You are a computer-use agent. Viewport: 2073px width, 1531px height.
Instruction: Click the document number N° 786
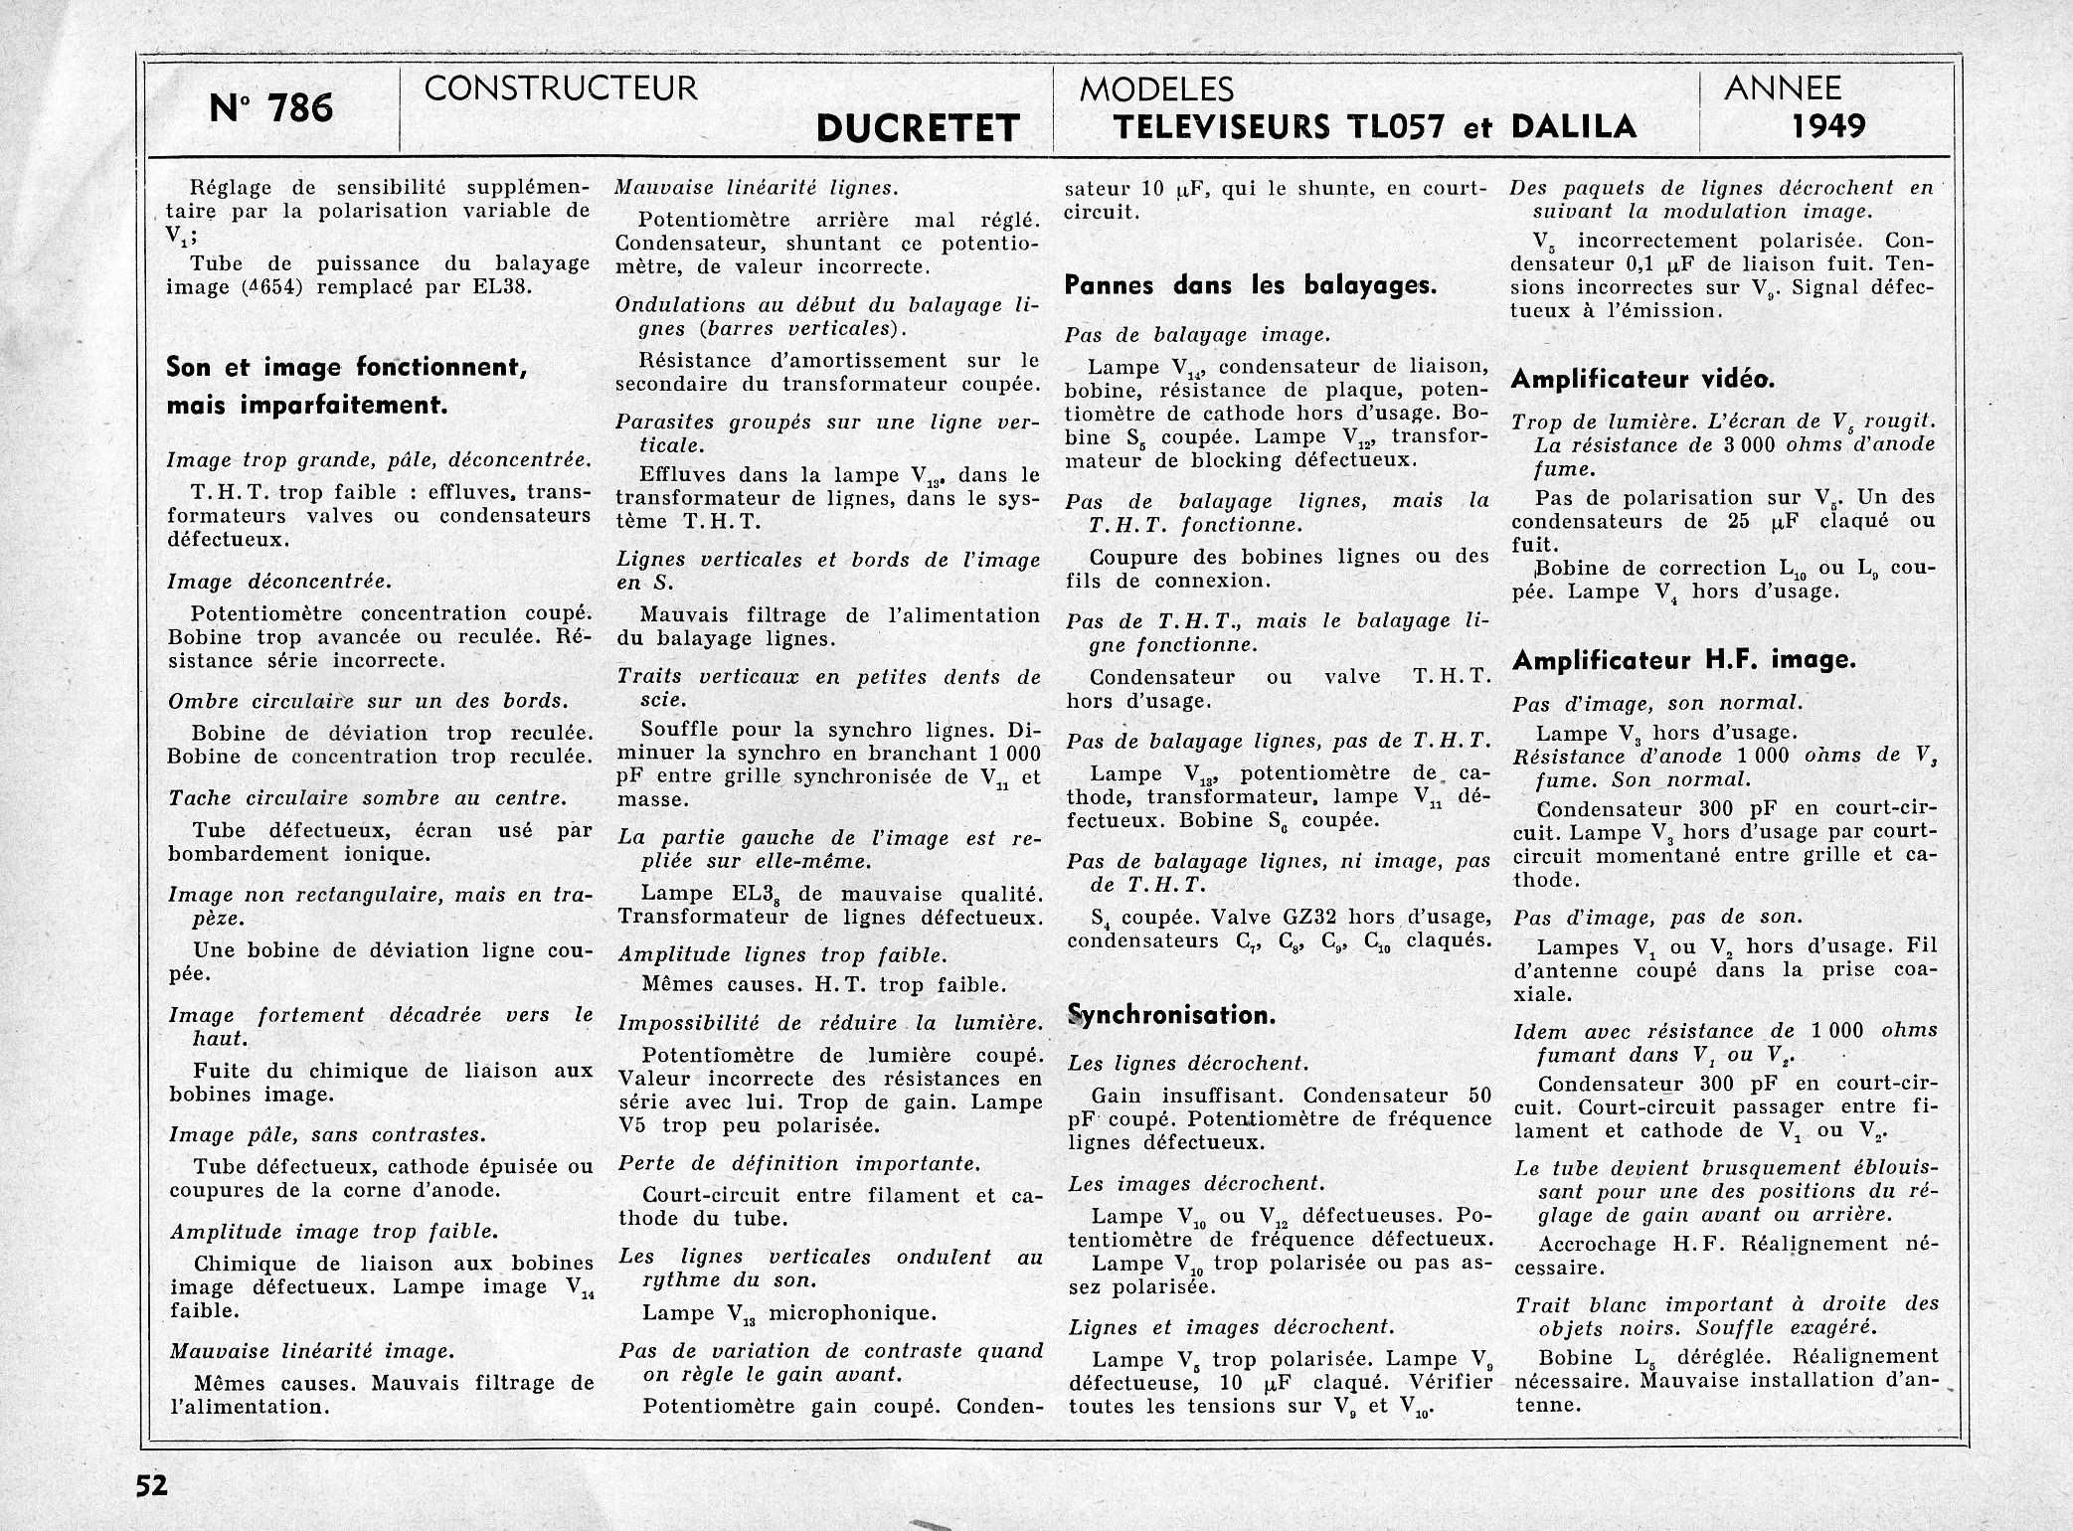(271, 107)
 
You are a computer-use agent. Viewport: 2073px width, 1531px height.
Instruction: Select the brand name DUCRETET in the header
(917, 128)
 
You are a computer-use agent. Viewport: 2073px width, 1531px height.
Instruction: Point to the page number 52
(153, 1485)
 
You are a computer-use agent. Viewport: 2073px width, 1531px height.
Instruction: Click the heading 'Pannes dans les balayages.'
(1251, 286)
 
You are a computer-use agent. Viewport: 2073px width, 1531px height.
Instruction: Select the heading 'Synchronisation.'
(1171, 1015)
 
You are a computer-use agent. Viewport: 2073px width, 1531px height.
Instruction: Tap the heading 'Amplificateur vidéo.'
(1642, 379)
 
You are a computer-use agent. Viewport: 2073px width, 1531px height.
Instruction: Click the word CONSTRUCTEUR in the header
(561, 88)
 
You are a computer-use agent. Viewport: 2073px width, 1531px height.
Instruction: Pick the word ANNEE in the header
(1782, 88)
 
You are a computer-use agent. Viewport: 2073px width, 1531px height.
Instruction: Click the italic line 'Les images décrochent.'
(1196, 1183)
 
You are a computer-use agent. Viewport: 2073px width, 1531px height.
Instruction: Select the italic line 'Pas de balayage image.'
(1197, 335)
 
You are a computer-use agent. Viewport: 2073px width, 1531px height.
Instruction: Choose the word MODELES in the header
(1156, 89)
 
